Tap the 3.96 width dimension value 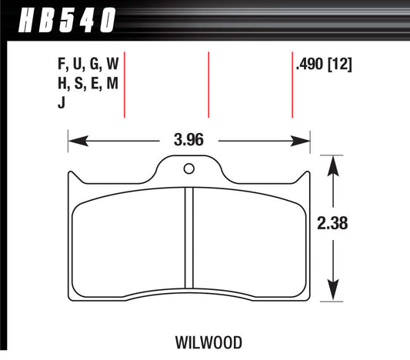click(189, 141)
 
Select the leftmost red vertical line click(125, 85)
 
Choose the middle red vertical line click(208, 85)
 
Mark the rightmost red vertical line click(292, 85)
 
